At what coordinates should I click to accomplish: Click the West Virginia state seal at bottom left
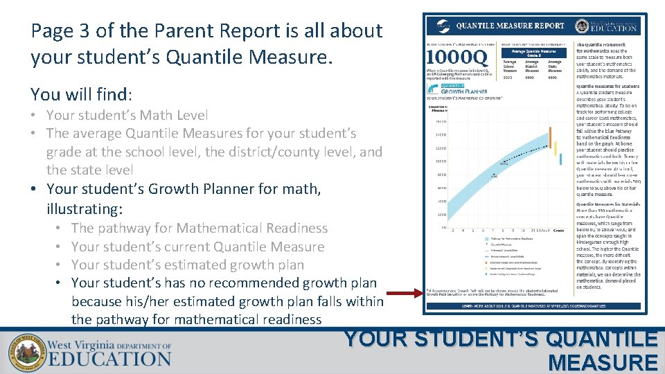click(26, 353)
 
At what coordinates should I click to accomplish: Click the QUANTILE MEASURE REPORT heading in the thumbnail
click(510, 26)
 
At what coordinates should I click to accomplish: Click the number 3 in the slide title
click(71, 31)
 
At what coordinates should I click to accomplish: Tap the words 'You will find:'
click(82, 93)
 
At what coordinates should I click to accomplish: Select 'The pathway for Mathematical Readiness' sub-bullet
click(199, 228)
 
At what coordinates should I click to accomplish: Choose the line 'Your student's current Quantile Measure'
click(197, 247)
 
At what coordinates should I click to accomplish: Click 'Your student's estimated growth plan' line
click(187, 265)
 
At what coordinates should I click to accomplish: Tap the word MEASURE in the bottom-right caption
click(602, 362)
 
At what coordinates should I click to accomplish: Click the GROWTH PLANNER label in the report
click(464, 91)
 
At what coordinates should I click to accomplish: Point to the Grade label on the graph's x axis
click(558, 230)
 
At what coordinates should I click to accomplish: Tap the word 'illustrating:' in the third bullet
click(85, 208)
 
